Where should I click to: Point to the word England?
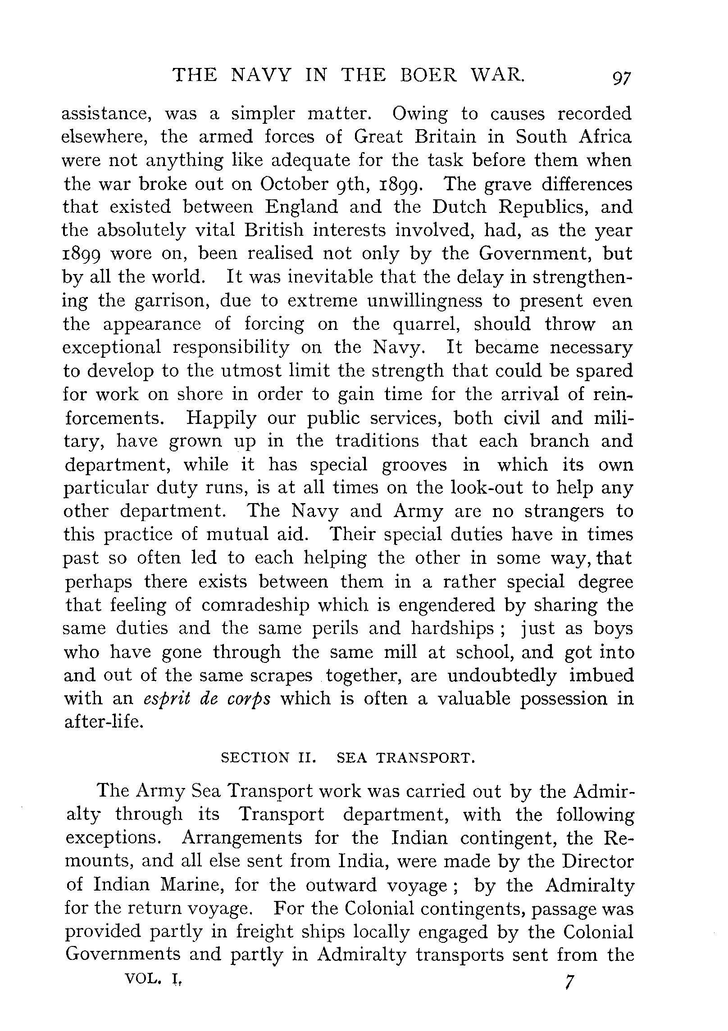(x=301, y=207)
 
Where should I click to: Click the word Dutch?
(x=459, y=207)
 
